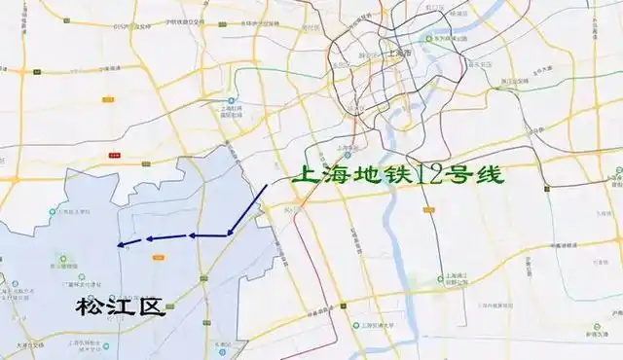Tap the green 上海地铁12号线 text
tap(400, 179)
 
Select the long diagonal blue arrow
tap(247, 208)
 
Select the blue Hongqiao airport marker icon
tap(232, 100)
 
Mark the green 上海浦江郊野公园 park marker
tap(446, 276)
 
